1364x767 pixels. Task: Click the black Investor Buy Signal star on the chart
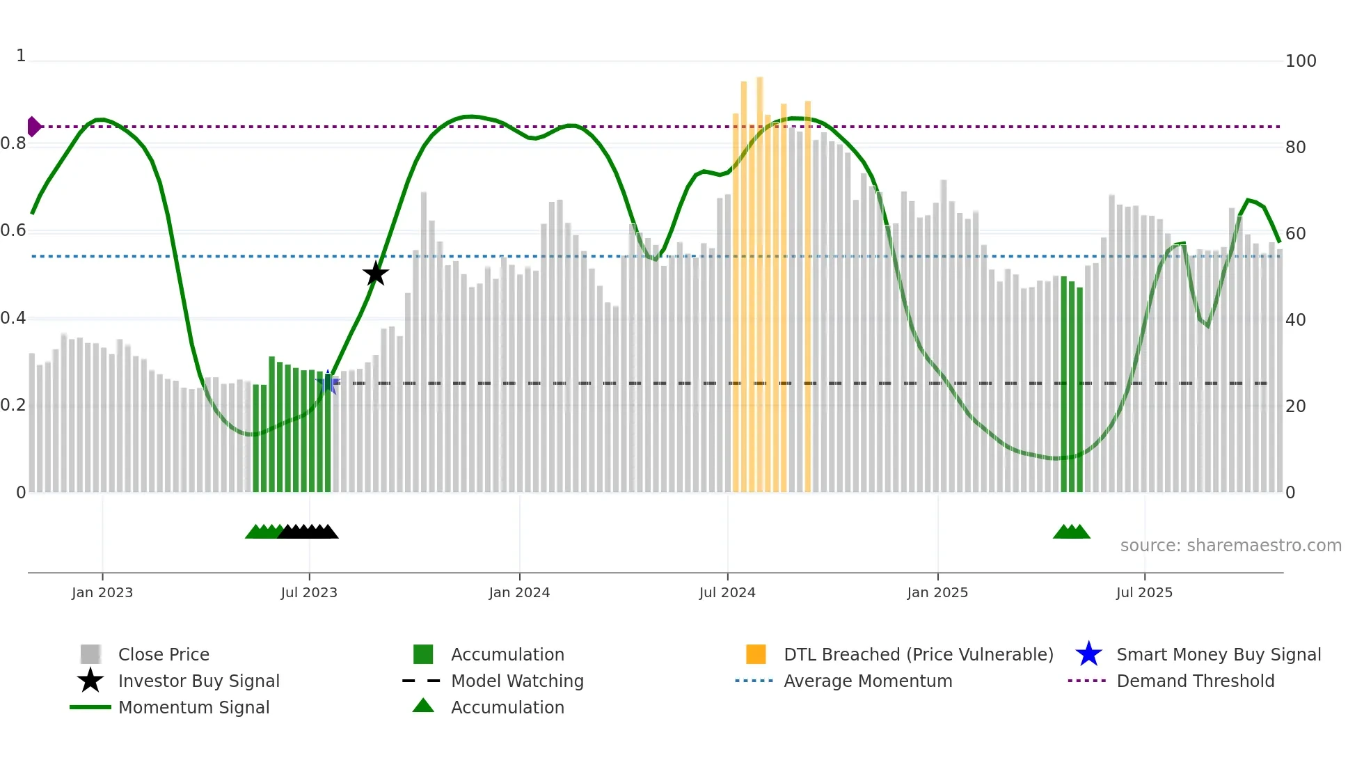tap(376, 274)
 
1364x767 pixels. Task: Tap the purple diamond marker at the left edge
tap(33, 127)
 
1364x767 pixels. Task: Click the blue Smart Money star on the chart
tap(328, 382)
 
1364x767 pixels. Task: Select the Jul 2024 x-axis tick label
tap(727, 592)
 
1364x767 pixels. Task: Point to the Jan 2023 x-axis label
tap(102, 592)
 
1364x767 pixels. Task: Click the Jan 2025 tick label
tap(937, 592)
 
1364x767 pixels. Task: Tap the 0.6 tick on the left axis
tap(13, 230)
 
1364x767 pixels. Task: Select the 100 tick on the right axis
tap(1300, 61)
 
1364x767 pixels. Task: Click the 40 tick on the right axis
tap(1295, 319)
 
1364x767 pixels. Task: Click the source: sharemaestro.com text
tap(1230, 545)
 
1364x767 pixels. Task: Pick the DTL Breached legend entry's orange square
tap(756, 654)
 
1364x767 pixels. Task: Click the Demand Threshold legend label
tap(1195, 681)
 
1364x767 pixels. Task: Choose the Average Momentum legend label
tap(868, 681)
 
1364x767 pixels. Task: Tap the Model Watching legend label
tap(517, 681)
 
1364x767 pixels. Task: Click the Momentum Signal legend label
tap(193, 707)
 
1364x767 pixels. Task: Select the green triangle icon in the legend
tap(423, 706)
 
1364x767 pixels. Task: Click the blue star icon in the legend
tap(1088, 654)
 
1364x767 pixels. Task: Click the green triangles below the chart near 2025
tap(1072, 532)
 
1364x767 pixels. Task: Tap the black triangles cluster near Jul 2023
tap(308, 532)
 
